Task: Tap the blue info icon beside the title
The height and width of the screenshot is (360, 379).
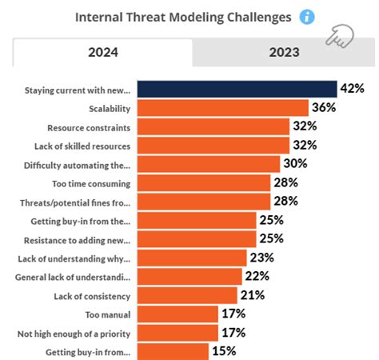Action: click(x=307, y=17)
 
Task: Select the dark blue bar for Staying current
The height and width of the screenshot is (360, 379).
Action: click(x=237, y=89)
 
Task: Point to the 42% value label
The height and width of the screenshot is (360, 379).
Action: click(x=353, y=89)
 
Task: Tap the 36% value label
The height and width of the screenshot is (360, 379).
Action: click(x=325, y=107)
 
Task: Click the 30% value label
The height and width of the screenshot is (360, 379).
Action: click(x=296, y=163)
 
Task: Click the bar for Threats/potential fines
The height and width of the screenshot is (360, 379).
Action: click(x=204, y=201)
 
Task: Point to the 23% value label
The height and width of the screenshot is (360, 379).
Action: click(x=261, y=257)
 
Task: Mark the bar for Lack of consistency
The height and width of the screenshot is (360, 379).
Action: click(x=188, y=294)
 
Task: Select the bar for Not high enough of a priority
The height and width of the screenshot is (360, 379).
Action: click(x=178, y=331)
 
